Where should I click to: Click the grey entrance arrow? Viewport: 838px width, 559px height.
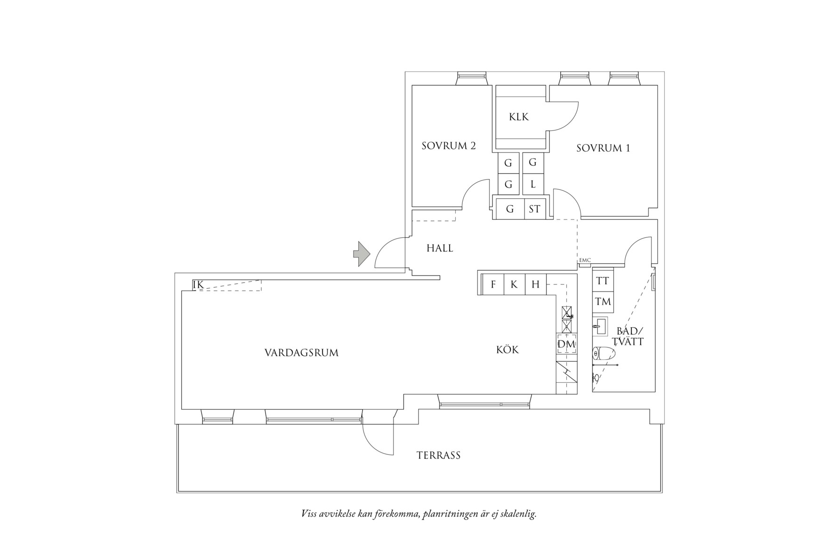(361, 254)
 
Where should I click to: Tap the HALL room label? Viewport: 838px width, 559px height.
(440, 248)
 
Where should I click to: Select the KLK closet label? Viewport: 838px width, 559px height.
(519, 117)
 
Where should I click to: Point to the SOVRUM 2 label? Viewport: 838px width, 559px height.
(448, 146)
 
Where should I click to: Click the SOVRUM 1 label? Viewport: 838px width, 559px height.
(603, 148)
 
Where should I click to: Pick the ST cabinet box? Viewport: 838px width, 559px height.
(534, 209)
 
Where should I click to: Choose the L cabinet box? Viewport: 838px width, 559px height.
(533, 185)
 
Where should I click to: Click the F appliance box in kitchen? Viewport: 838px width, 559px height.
(493, 284)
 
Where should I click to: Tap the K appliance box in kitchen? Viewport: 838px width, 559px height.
(514, 284)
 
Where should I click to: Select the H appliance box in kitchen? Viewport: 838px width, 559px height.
(535, 284)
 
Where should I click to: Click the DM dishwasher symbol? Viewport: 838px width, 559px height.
(566, 344)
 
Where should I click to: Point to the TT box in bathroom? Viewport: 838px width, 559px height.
(603, 281)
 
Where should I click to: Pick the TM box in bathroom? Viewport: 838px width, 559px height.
(603, 301)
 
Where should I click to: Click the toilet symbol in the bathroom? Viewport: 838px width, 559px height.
(604, 354)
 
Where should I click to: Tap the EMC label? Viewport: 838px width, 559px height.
(585, 260)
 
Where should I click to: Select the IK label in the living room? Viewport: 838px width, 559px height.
(198, 285)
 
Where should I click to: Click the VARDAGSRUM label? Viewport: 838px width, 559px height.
(301, 353)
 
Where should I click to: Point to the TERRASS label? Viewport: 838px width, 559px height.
(438, 455)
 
